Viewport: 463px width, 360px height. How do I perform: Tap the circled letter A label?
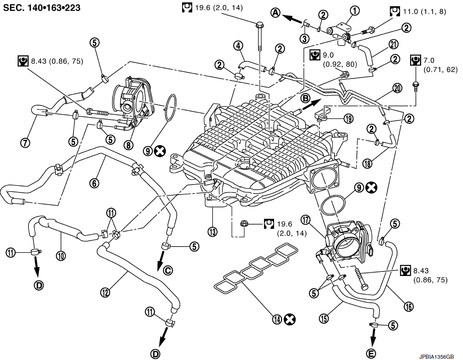(276, 13)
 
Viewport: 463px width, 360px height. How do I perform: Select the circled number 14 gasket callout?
(277, 319)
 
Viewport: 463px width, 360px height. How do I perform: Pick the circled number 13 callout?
(212, 232)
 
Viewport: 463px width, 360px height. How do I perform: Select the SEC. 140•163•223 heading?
(42, 8)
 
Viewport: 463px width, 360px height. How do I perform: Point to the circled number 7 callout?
(26, 143)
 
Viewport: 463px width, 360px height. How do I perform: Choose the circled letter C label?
(167, 271)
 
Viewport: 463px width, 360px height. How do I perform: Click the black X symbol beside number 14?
(291, 319)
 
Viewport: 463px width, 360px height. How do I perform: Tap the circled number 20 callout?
(397, 88)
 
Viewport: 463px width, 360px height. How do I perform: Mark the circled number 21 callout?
(393, 45)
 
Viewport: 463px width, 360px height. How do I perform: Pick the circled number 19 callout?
(349, 119)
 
